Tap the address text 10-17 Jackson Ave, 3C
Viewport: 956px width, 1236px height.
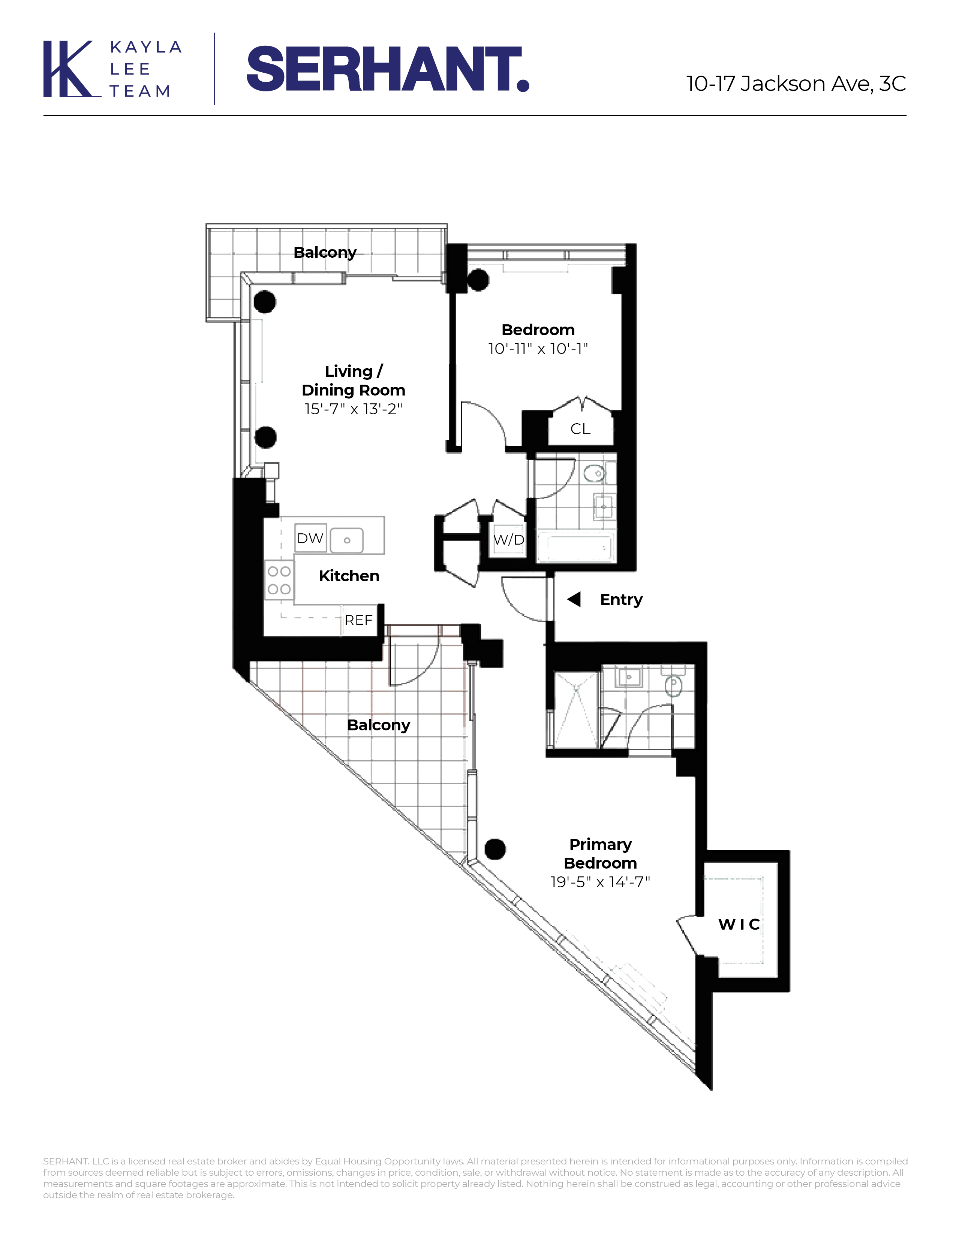click(x=796, y=84)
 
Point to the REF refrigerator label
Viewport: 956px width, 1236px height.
click(x=358, y=620)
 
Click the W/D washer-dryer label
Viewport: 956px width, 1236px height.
click(x=509, y=540)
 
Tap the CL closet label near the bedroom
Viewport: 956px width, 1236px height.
click(x=580, y=429)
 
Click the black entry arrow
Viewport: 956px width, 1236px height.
click(x=574, y=599)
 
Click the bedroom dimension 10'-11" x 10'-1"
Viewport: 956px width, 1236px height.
click(x=538, y=349)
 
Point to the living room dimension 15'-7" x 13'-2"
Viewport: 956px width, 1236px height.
click(x=354, y=409)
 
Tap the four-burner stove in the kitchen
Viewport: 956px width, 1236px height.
click(x=279, y=580)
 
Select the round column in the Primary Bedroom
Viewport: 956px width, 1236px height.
click(x=495, y=849)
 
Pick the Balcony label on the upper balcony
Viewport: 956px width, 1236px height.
click(x=325, y=252)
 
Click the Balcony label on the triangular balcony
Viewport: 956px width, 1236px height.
click(x=378, y=725)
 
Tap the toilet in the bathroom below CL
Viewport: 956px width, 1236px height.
click(x=594, y=473)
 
